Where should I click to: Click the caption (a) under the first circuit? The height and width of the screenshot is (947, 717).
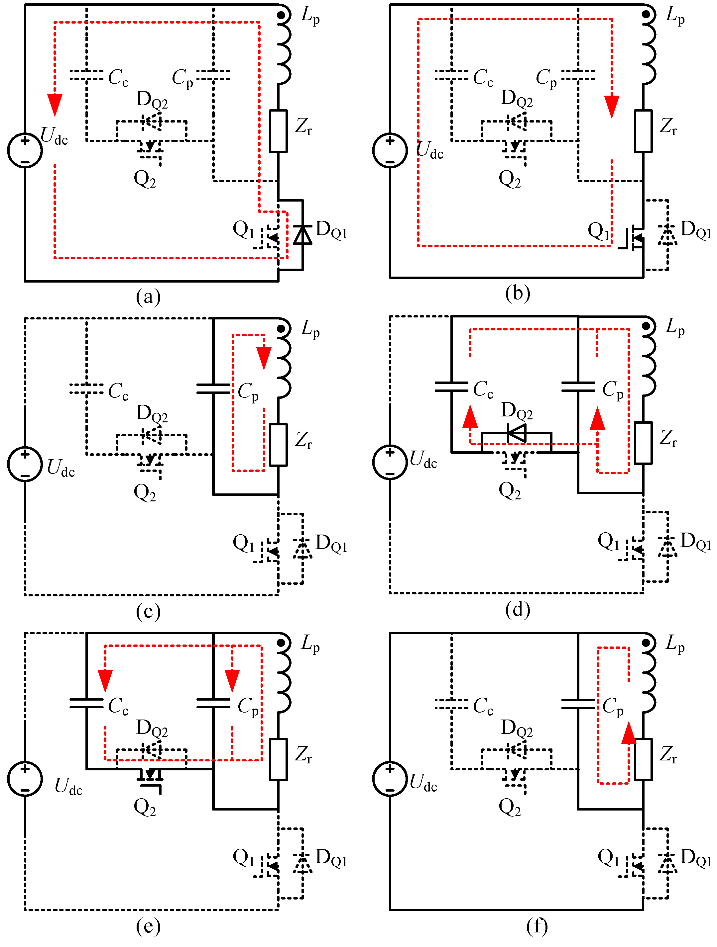[148, 296]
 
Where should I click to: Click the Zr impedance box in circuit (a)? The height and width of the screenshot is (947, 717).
[278, 131]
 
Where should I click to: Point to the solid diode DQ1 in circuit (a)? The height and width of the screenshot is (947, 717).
[302, 235]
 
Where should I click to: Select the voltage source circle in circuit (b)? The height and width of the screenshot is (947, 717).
[390, 151]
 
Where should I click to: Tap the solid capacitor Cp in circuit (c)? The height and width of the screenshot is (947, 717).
[213, 388]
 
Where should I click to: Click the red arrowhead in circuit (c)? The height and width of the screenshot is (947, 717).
[264, 358]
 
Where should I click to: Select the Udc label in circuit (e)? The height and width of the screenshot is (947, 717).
[68, 787]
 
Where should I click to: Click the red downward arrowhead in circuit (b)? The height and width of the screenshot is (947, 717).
[612, 107]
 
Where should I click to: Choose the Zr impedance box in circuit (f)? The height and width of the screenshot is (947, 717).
[643, 759]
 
